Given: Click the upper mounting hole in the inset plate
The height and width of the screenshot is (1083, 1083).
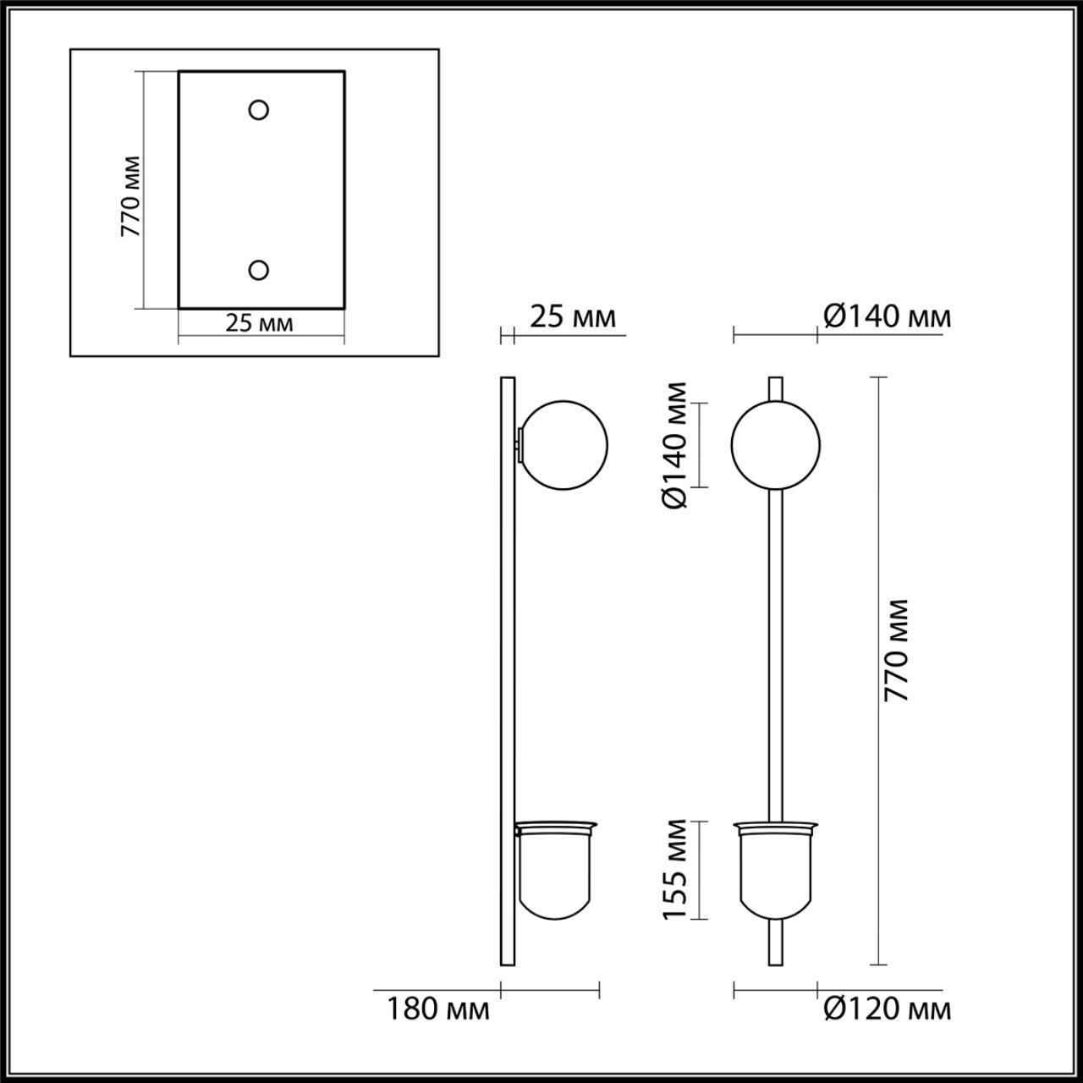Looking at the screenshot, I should (x=258, y=109).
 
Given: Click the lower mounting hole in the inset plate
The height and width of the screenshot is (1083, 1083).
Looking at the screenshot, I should (x=258, y=270).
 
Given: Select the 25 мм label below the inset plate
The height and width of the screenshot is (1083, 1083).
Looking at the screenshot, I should (x=259, y=323).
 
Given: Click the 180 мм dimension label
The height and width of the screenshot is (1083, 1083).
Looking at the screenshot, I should (x=438, y=1009).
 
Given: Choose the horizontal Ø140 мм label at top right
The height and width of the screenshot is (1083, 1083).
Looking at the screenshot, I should (x=887, y=316).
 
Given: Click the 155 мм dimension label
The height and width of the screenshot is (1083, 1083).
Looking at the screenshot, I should (x=675, y=869).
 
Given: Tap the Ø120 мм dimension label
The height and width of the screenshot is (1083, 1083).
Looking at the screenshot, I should (x=887, y=1009).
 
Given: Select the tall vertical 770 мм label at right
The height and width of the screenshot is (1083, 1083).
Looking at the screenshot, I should (x=896, y=650).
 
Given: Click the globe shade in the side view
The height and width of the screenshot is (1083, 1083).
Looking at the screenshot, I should (x=564, y=445).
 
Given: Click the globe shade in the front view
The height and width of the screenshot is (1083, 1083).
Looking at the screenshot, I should (x=775, y=445).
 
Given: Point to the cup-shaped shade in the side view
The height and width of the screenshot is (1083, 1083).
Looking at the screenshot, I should (x=557, y=876).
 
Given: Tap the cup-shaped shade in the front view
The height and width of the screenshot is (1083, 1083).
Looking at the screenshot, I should (x=775, y=876).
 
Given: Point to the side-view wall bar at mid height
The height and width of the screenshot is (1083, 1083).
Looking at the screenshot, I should (x=508, y=668).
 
